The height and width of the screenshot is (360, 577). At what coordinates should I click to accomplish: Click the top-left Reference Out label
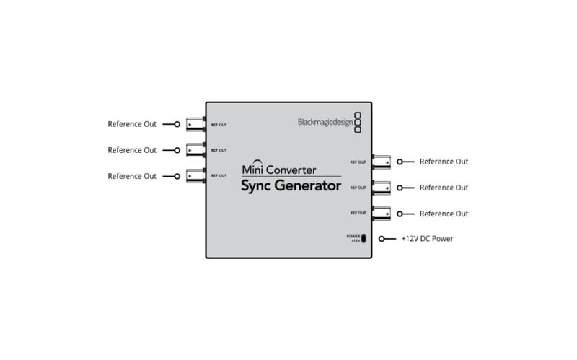click(132, 124)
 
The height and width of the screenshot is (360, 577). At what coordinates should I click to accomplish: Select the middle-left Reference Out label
click(132, 150)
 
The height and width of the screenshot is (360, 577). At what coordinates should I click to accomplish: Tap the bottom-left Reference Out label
click(132, 176)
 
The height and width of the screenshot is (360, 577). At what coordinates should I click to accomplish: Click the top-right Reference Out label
click(444, 162)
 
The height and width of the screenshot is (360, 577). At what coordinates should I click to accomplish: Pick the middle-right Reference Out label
click(444, 188)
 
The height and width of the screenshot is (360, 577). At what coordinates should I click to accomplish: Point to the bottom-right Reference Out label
click(444, 214)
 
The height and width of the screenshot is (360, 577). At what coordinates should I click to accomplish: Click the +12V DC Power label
click(427, 239)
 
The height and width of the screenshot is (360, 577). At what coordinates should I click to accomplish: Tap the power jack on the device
click(364, 239)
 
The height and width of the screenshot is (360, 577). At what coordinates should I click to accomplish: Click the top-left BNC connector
click(195, 124)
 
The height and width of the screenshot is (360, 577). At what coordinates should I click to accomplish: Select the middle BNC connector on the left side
click(195, 150)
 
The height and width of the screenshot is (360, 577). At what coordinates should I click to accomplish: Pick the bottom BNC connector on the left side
click(195, 176)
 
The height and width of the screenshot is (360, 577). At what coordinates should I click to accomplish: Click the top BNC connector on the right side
click(381, 162)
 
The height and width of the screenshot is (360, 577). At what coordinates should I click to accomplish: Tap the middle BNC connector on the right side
click(381, 188)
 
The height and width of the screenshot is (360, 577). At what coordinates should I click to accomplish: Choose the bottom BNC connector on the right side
click(381, 214)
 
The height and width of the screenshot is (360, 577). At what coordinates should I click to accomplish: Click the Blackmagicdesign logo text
click(325, 122)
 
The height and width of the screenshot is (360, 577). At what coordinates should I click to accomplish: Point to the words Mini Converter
click(278, 170)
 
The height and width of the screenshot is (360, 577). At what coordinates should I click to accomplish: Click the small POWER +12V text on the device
click(353, 238)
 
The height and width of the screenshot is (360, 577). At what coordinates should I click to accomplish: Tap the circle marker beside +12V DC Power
click(391, 239)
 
